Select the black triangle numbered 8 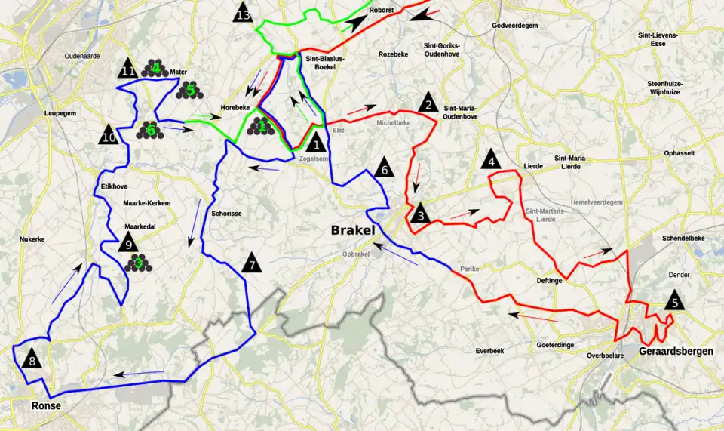(32, 359)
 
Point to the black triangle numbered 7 (252, 263)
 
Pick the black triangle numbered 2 (428, 102)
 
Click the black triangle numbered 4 (491, 159)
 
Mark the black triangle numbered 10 (109, 135)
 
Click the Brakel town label (351, 230)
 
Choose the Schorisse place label (226, 214)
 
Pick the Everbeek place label (489, 351)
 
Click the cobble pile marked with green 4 (155, 69)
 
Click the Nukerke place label (33, 239)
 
